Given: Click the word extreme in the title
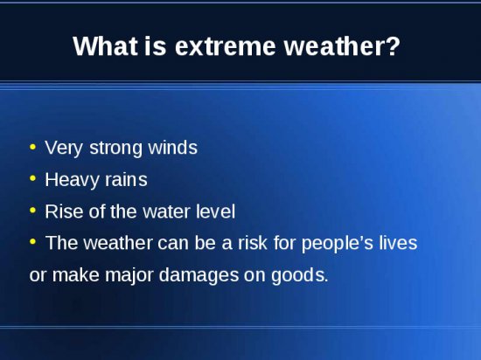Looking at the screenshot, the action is coord(225,47).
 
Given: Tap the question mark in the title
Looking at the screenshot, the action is coord(394,46).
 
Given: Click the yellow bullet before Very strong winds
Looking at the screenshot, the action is coord(32,147).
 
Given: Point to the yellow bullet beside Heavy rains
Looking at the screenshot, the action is coord(32,178).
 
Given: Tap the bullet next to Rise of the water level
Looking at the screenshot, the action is coord(32,211).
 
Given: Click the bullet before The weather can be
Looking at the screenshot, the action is coord(32,242).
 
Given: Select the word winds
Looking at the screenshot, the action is coord(172,148).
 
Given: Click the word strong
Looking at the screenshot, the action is coord(115,149).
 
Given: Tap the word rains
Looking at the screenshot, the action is coord(126,179).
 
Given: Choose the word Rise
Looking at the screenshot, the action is coord(64,211).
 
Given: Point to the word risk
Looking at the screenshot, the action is coord(253,243).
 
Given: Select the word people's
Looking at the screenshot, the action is coord(338,244).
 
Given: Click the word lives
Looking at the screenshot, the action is coord(398,243).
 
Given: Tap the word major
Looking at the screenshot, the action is coord(129,275).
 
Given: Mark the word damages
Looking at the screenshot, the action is coord(199,275).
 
